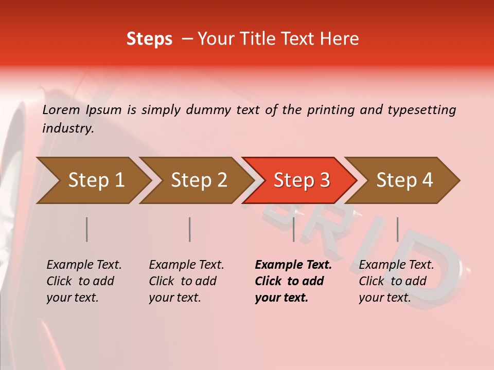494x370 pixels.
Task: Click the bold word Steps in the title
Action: tap(149, 39)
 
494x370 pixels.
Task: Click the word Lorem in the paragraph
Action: tap(61, 109)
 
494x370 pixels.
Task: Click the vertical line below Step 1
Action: tap(87, 229)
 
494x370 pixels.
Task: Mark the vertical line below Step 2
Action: tap(190, 229)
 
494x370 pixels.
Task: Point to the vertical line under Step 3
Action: tap(293, 229)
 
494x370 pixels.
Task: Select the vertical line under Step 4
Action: tap(397, 229)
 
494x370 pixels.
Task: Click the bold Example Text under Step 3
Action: tap(293, 265)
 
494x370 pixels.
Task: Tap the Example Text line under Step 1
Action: tap(84, 265)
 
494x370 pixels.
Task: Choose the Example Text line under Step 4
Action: tap(396, 265)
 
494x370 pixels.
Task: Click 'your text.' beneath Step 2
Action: tap(175, 298)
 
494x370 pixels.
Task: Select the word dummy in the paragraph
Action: tap(207, 109)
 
